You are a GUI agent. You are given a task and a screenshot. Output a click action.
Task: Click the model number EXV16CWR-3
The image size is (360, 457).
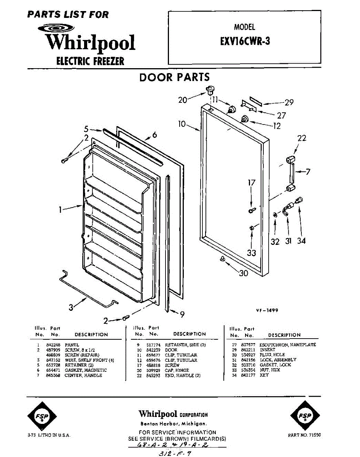tap(245, 42)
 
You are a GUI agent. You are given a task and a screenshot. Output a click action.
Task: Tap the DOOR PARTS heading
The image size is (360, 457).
tap(174, 77)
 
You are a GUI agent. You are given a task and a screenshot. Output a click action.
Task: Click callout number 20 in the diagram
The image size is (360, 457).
tap(183, 100)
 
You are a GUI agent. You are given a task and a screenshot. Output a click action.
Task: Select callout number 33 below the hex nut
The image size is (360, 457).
tap(251, 252)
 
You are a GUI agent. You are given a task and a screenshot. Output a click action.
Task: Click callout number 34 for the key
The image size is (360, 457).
tap(301, 241)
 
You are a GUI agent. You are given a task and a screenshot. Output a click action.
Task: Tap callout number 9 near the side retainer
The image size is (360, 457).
tap(182, 314)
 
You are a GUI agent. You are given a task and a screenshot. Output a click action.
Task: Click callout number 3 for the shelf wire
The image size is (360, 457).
tap(71, 307)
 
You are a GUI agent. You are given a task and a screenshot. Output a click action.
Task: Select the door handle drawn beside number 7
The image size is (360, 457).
tap(290, 172)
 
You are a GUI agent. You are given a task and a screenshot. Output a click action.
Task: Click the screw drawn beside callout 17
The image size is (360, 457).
tap(251, 209)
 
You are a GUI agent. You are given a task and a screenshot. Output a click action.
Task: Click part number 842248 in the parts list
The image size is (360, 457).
tap(52, 345)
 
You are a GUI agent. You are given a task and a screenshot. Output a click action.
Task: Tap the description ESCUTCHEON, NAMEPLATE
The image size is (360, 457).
tap(288, 345)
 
